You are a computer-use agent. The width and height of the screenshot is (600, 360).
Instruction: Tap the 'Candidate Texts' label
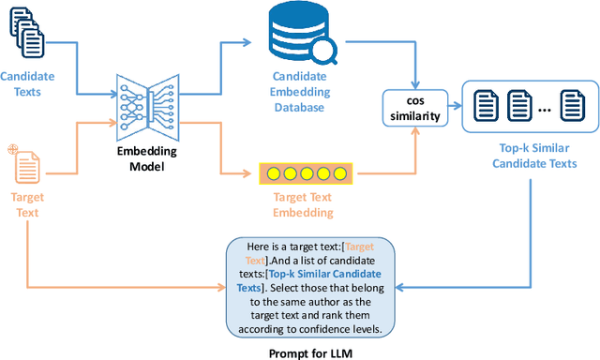[x=28, y=82]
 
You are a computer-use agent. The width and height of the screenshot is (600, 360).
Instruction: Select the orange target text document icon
[x=24, y=165]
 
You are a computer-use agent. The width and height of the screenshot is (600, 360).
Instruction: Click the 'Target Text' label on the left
[x=28, y=205]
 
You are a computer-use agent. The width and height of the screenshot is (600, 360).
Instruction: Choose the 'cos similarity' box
[x=414, y=108]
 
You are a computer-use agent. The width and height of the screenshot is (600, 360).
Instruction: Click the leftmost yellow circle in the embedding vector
[x=274, y=172]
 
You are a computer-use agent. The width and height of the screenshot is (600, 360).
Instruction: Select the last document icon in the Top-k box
[x=572, y=105]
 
